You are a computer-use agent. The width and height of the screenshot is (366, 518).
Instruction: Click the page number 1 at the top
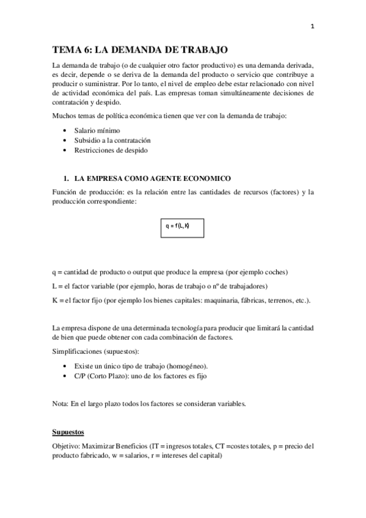pyautogui.click(x=312, y=26)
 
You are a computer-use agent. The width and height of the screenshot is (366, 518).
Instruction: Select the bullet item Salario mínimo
pyautogui.click(x=97, y=130)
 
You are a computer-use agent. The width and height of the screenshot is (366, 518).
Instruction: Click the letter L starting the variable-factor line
pyautogui.click(x=54, y=286)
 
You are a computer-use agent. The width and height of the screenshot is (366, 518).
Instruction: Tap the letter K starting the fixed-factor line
pyautogui.click(x=55, y=300)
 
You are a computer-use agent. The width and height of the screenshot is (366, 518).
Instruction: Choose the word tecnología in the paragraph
pyautogui.click(x=185, y=328)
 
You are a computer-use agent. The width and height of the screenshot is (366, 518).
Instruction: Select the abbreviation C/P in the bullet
pyautogui.click(x=80, y=376)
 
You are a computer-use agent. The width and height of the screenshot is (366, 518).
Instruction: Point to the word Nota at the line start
pyautogui.click(x=60, y=404)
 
